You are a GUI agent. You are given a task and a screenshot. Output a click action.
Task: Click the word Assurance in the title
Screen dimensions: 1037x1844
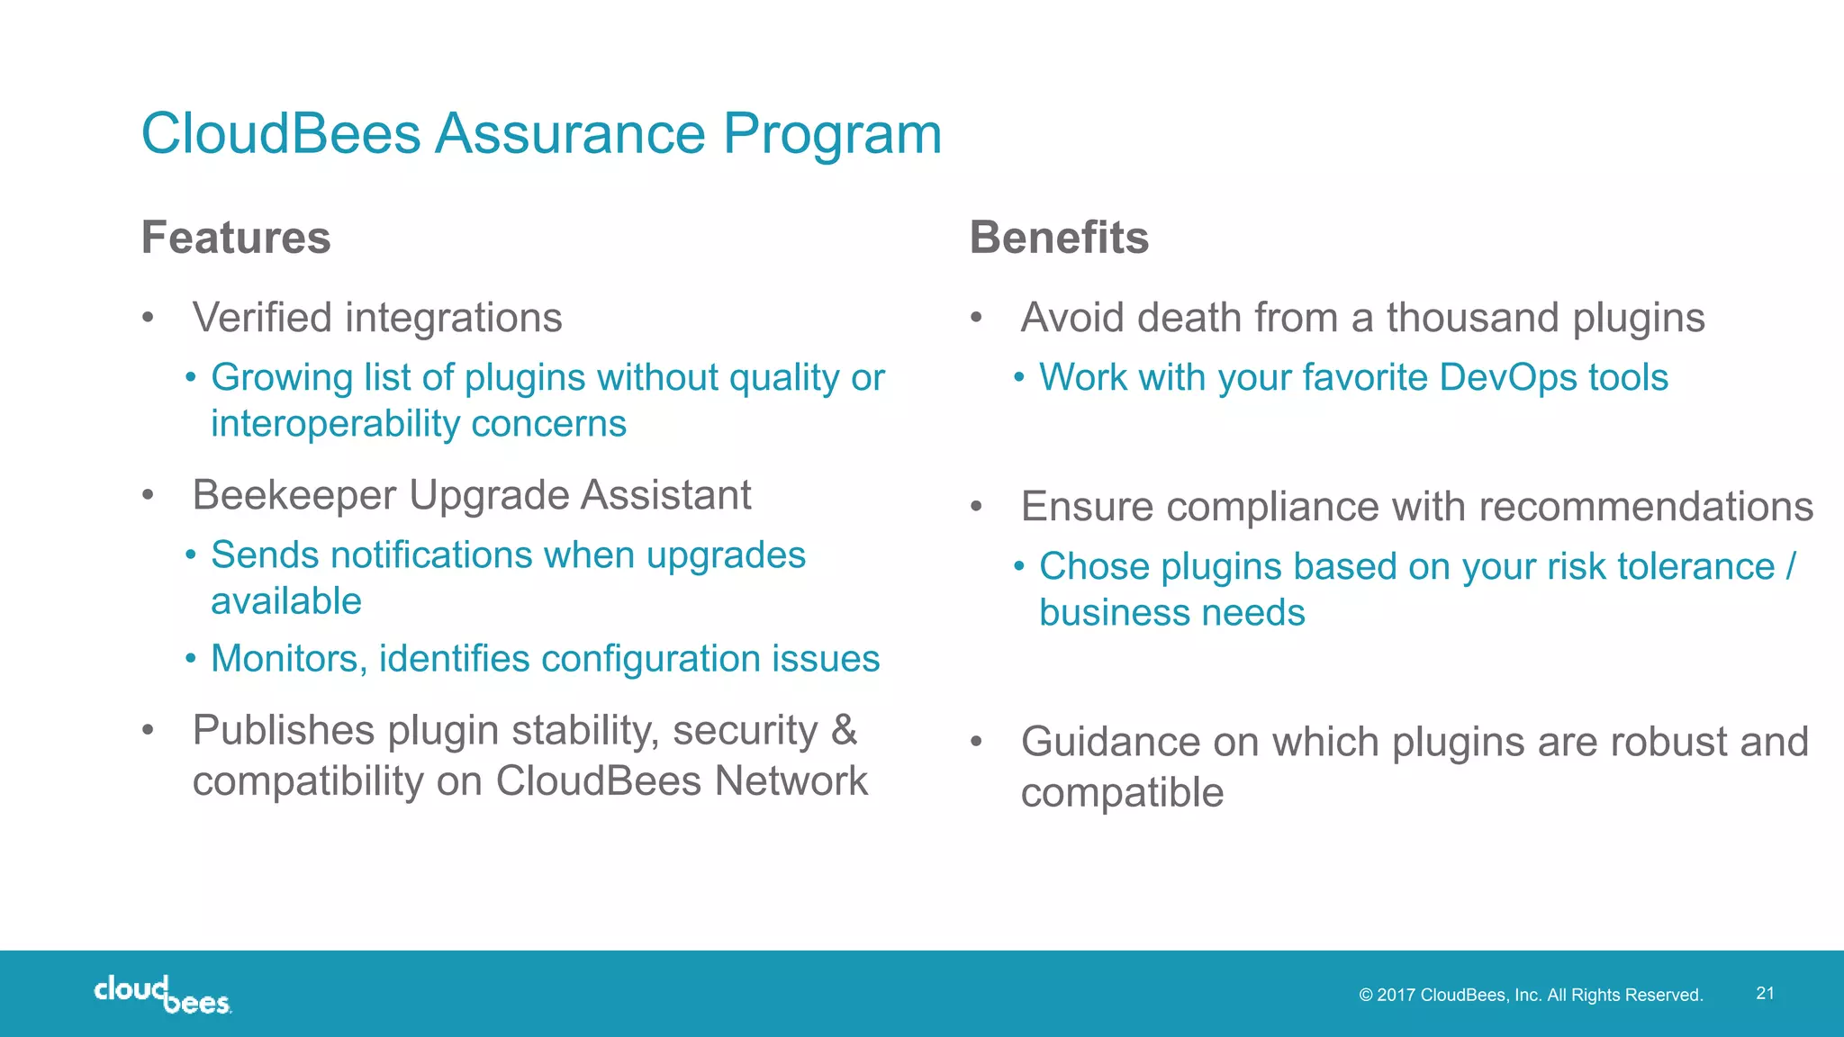coord(570,134)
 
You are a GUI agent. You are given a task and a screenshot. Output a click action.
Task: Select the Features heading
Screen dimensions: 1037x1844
coord(236,238)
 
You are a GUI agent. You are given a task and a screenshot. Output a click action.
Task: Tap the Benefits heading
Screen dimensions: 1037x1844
coord(1059,238)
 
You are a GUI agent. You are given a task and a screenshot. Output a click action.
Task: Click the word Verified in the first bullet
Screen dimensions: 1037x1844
coord(262,318)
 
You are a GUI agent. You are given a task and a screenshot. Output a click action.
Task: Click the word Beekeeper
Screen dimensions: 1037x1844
coord(294,495)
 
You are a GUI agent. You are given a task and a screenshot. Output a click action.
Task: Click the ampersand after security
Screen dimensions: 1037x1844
coord(844,730)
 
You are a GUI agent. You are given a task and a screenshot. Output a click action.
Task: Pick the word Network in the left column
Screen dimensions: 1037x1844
coord(791,781)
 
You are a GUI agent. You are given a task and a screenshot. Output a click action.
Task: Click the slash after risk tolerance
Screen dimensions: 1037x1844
coord(1790,566)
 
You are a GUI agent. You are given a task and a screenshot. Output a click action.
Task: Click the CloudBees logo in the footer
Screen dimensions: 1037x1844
coord(162,995)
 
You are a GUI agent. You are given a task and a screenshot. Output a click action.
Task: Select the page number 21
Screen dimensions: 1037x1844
coord(1765,993)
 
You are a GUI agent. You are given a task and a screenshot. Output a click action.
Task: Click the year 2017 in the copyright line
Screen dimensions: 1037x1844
coord(1396,995)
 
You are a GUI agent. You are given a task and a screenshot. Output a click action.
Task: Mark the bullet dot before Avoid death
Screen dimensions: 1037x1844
coord(976,318)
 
